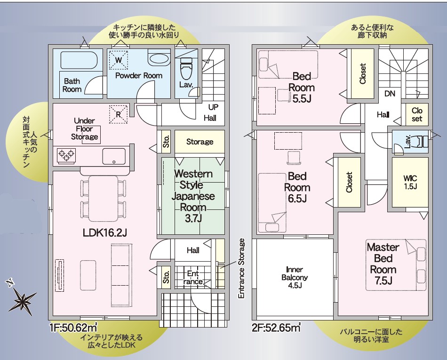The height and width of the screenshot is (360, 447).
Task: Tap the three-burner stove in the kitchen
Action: (x=67, y=156)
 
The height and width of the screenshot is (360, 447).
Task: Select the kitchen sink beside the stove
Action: (x=114, y=156)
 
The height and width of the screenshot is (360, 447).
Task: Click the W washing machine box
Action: (x=119, y=60)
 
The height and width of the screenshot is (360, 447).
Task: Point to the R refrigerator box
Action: (x=118, y=114)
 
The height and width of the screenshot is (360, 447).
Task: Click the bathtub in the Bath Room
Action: (x=79, y=60)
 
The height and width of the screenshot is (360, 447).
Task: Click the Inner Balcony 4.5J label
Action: (x=295, y=277)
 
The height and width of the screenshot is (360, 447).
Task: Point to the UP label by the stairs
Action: (x=213, y=107)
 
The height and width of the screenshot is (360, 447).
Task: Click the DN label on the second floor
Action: (x=390, y=94)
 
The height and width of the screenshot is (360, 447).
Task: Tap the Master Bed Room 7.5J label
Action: (x=383, y=264)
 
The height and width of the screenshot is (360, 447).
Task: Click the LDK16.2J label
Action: (x=104, y=233)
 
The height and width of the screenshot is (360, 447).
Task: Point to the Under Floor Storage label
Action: (x=84, y=129)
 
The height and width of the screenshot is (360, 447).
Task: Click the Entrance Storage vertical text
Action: (x=241, y=269)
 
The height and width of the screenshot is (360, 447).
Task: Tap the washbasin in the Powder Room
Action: (x=159, y=59)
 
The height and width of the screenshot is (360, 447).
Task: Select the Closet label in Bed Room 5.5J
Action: (x=363, y=73)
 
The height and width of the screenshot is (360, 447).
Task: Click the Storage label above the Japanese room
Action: (x=200, y=142)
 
